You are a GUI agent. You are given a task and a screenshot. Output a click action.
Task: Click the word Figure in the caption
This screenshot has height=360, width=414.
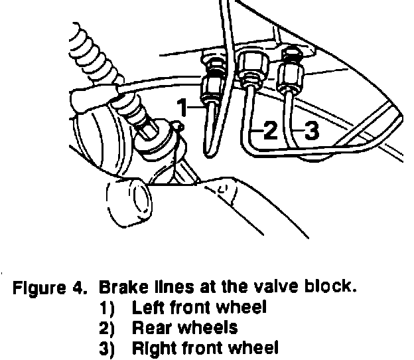[x=40, y=290]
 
